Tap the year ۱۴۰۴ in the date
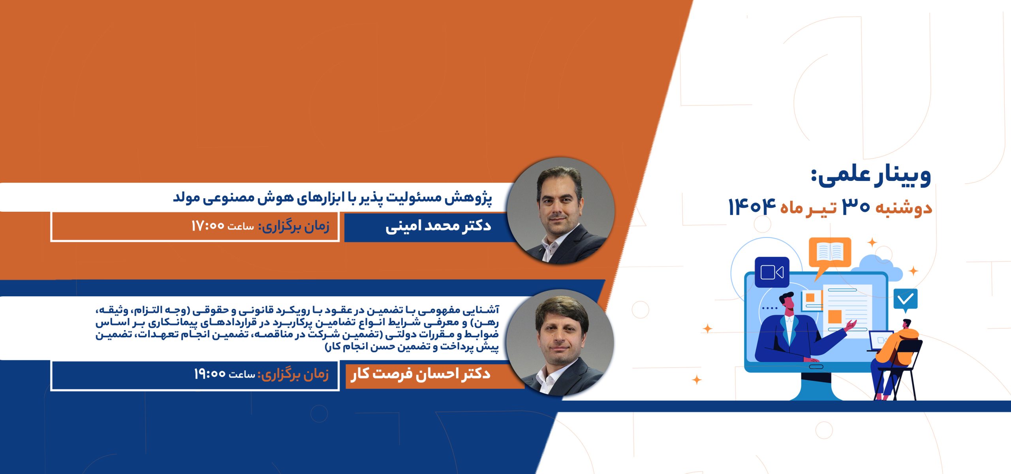click(752, 207)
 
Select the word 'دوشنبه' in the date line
click(904, 208)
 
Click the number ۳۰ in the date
click(856, 207)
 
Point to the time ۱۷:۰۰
click(208, 226)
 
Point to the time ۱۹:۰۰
click(210, 374)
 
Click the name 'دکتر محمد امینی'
click(438, 226)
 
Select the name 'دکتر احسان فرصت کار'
click(421, 374)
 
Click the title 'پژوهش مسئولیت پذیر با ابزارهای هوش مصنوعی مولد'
click(333, 197)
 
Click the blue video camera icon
click(772, 272)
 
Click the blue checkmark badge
click(906, 300)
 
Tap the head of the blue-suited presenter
click(788, 303)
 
